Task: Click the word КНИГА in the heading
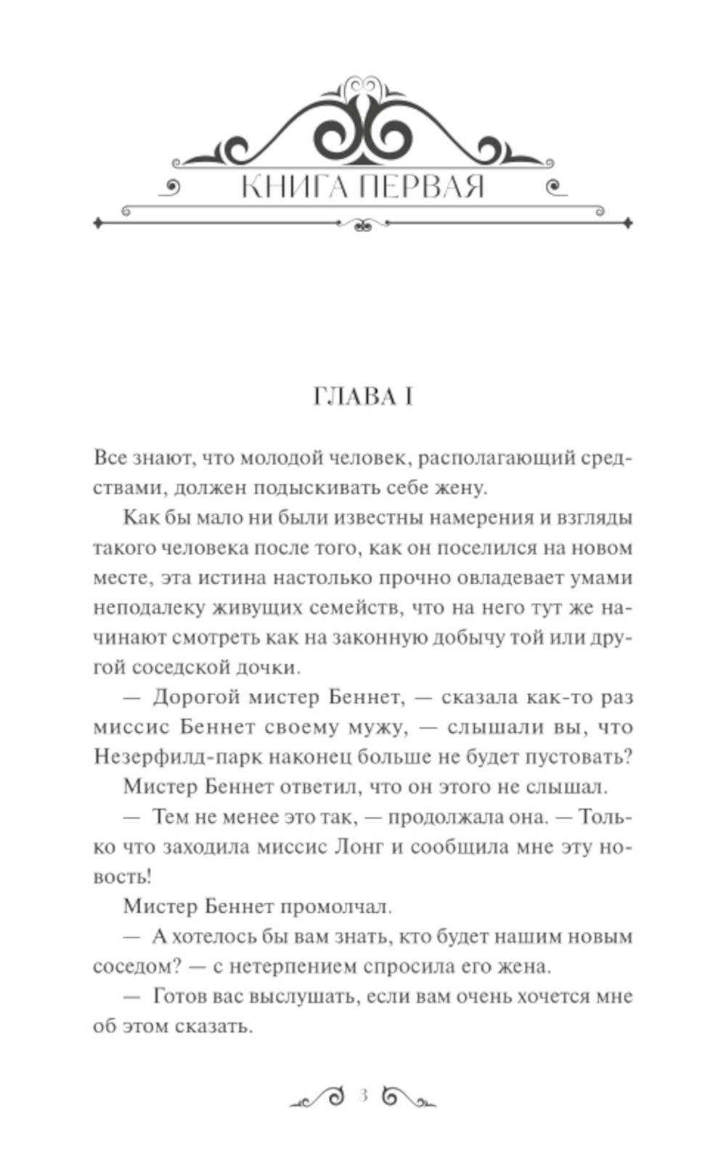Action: [293, 188]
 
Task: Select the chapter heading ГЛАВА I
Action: [363, 398]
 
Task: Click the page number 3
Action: [364, 1095]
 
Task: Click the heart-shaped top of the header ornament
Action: [363, 87]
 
